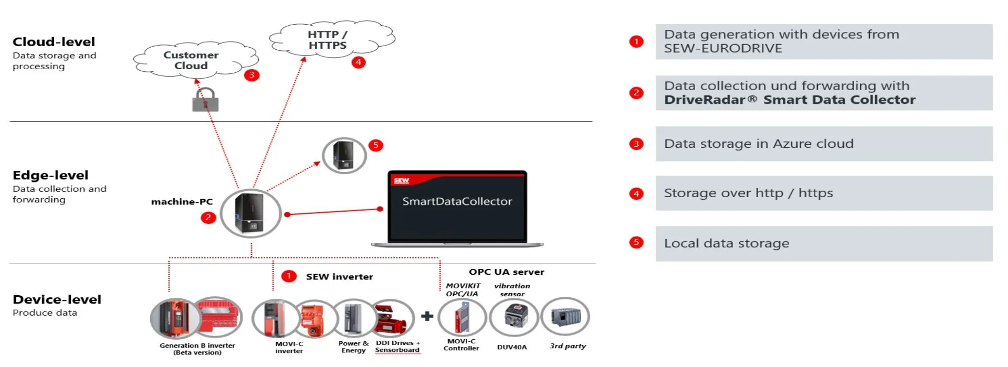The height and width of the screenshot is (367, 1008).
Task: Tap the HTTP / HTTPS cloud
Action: pyautogui.click(x=332, y=39)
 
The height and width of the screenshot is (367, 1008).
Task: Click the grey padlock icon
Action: pyautogui.click(x=205, y=100)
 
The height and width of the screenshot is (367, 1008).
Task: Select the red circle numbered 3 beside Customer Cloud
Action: pyautogui.click(x=252, y=75)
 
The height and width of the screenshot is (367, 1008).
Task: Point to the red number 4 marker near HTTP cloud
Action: pyautogui.click(x=359, y=62)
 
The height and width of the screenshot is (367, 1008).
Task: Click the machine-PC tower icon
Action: pyautogui.click(x=250, y=213)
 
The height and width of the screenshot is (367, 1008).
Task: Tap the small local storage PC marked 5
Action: pyautogui.click(x=344, y=156)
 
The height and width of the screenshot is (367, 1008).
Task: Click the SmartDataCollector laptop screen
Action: pyautogui.click(x=457, y=206)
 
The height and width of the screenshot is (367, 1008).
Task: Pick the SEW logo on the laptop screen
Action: pyautogui.click(x=402, y=180)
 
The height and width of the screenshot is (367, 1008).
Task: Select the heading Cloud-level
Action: pyautogui.click(x=54, y=42)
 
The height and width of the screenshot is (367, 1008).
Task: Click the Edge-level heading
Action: pyautogui.click(x=50, y=175)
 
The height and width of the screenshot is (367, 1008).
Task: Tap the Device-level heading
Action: pyautogui.click(x=57, y=299)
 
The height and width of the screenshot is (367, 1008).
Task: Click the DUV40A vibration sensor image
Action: pyautogui.click(x=513, y=317)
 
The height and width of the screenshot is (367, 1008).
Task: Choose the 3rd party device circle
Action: pyautogui.click(x=565, y=316)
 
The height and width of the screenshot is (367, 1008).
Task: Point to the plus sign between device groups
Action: pyautogui.click(x=427, y=316)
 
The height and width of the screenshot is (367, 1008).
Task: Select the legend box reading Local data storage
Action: pyautogui.click(x=824, y=243)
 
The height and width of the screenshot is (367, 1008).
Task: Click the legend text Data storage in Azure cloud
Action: pyautogui.click(x=759, y=144)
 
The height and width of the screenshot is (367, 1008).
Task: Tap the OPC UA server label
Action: pyautogui.click(x=507, y=272)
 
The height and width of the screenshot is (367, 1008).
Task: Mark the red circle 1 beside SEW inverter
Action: pyautogui.click(x=289, y=276)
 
